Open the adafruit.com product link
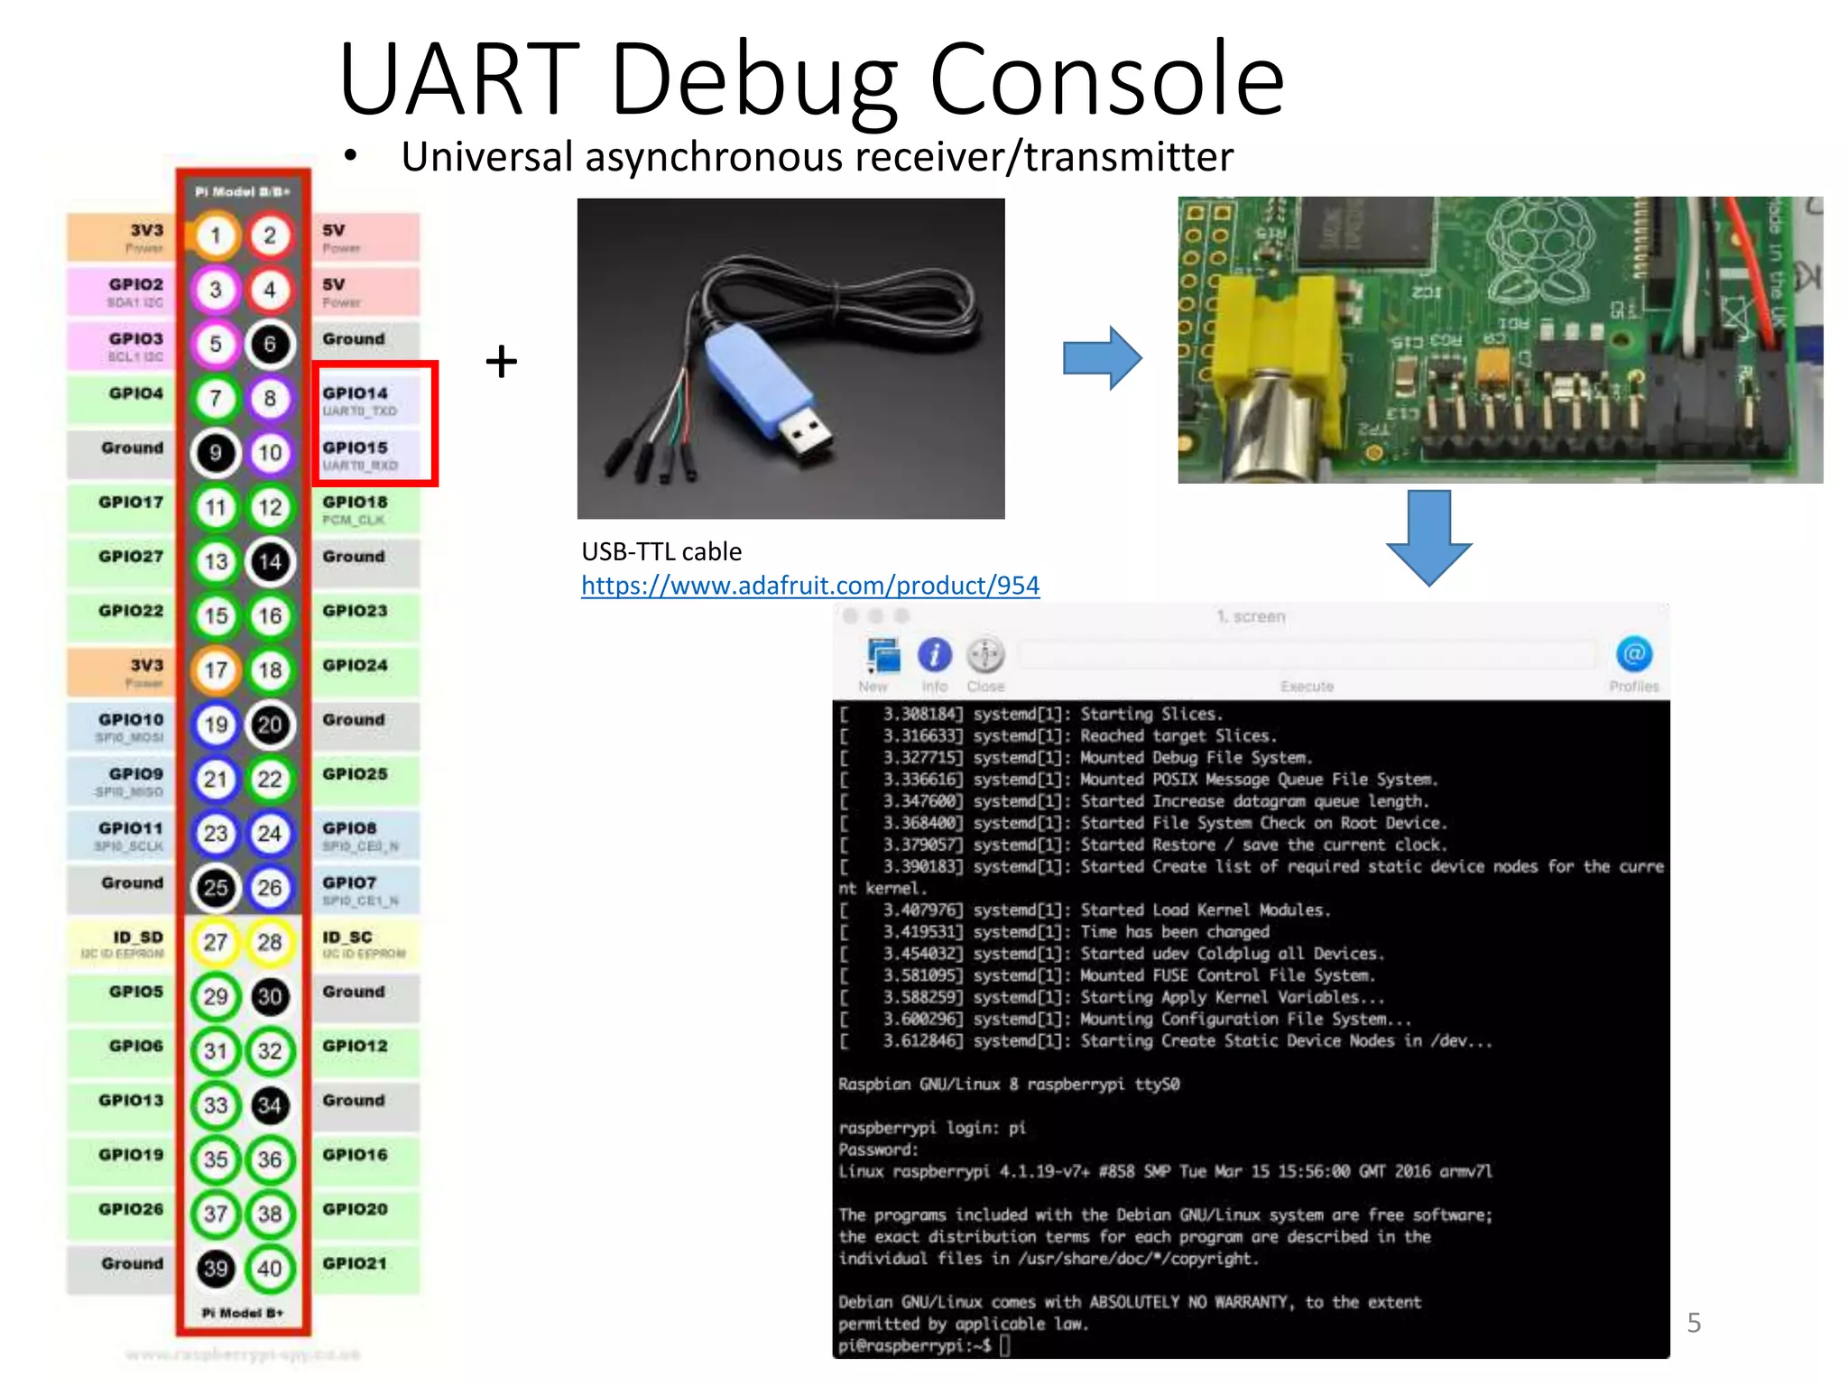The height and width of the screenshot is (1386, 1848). coord(809,586)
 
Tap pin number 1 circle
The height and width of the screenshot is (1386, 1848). coord(216,236)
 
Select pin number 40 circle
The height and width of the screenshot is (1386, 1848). coord(270,1268)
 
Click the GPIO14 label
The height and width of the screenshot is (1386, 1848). coord(356,393)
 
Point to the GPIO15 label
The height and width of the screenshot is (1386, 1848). coord(356,448)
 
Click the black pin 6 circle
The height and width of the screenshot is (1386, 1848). coord(270,344)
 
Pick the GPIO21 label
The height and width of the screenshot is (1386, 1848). coord(356,1263)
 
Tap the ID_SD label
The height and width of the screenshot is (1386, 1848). coord(137,938)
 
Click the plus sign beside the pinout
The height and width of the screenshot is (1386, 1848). coord(502,362)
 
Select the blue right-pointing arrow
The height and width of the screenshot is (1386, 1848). coord(1102,358)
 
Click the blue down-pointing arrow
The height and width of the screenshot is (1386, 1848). coord(1428,538)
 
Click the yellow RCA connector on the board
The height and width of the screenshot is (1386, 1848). coord(1263,361)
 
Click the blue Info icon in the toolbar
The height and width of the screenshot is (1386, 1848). coord(934,655)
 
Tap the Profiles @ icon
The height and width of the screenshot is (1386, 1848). coord(1633,655)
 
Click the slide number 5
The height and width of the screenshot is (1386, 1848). coord(1694,1323)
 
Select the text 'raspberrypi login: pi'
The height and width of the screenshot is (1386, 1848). coord(931,1128)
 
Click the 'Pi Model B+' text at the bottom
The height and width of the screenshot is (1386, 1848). coord(242,1313)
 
